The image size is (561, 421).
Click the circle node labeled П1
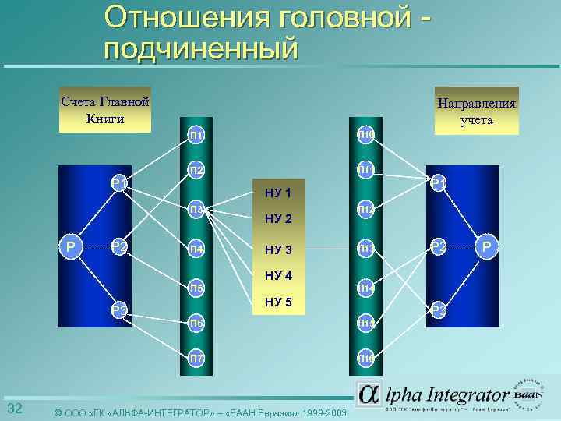[x=196, y=136]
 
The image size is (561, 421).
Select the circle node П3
[x=196, y=210]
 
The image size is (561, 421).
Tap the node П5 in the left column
[x=196, y=288]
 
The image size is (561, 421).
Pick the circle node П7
[x=196, y=359]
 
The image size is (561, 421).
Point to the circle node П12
[x=366, y=210]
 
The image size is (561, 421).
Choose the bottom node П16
[x=366, y=359]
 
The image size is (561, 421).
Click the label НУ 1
[x=278, y=193]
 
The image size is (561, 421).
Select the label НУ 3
[x=278, y=249]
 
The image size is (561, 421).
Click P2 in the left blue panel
[x=119, y=247]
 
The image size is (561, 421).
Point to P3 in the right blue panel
[x=439, y=311]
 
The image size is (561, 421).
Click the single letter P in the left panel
[x=71, y=247]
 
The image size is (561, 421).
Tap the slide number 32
[x=14, y=410]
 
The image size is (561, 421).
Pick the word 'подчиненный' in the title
[x=200, y=49]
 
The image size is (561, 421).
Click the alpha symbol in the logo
[x=369, y=395]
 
